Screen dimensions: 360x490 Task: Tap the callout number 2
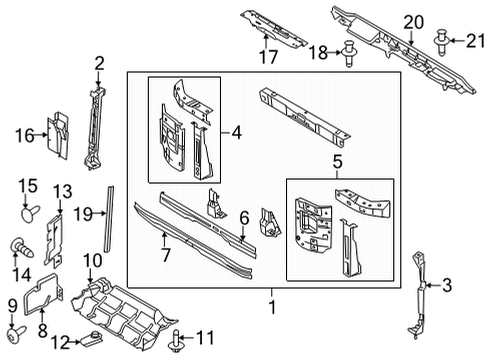point(99,65)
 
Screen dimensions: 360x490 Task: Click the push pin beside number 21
point(441,39)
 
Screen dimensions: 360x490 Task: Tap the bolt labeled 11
point(177,337)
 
